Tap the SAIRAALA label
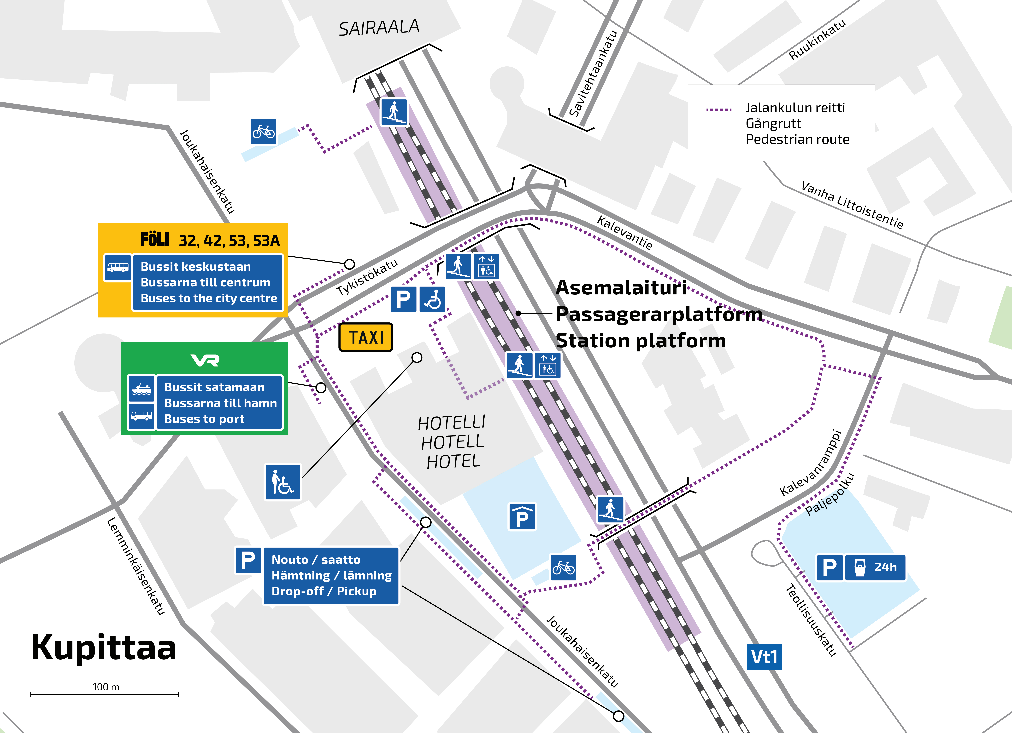tap(379, 28)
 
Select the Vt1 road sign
tap(764, 657)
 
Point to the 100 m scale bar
tap(104, 694)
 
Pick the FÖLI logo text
tap(154, 240)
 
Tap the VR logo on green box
tap(205, 360)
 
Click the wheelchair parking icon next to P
tap(432, 299)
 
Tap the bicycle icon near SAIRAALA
tap(263, 132)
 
